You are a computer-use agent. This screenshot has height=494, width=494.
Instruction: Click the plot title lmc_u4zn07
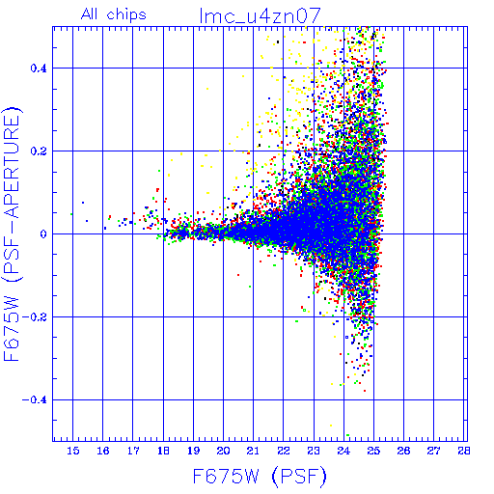[x=261, y=15]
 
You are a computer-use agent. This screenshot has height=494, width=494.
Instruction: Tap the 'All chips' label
[x=114, y=14]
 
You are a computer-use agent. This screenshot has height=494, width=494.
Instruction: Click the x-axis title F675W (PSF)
[x=260, y=477]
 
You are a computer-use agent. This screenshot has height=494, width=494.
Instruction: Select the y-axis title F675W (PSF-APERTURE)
[x=12, y=233]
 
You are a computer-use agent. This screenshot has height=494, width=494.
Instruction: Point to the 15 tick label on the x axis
[x=73, y=451]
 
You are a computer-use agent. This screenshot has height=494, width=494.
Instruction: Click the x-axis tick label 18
[x=163, y=451]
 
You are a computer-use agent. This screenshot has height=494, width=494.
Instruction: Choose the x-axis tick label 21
[x=254, y=451]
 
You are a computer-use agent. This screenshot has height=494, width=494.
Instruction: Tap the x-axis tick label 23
[x=314, y=451]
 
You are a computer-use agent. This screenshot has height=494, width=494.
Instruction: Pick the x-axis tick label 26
[x=403, y=451]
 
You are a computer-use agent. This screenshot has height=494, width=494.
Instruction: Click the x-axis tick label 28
[x=464, y=451]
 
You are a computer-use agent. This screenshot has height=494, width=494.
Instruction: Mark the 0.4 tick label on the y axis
[x=39, y=69]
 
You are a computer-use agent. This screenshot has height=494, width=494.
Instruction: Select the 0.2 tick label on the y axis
[x=39, y=151]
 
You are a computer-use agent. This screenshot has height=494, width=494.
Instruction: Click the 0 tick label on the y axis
[x=43, y=234]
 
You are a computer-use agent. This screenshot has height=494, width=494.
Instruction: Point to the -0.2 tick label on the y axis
[x=35, y=317]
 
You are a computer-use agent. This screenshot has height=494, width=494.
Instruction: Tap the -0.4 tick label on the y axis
[x=35, y=400]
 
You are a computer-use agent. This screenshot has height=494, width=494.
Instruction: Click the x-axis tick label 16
[x=103, y=451]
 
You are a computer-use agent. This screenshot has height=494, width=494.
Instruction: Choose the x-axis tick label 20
[x=224, y=451]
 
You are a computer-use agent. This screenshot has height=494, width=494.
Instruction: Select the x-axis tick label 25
[x=373, y=451]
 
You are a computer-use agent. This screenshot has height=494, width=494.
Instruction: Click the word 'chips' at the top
[x=126, y=15]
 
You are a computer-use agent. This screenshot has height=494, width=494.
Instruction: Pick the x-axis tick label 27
[x=433, y=451]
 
